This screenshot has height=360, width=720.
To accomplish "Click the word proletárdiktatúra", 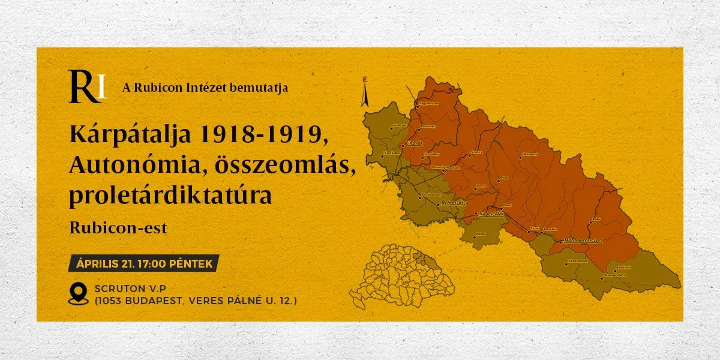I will pos(170,195).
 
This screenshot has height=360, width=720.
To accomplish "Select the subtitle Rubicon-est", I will pos(118,228).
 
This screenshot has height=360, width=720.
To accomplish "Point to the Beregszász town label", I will pos(454,203).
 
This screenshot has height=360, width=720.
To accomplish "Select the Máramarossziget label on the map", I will pos(581,241).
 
